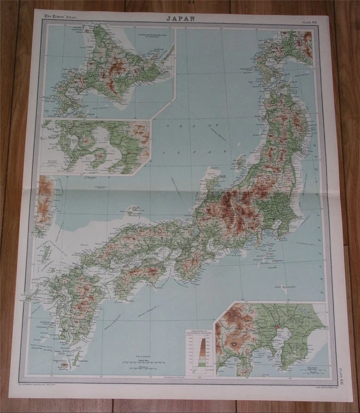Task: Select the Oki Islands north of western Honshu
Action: pyautogui.click(x=135, y=210)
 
